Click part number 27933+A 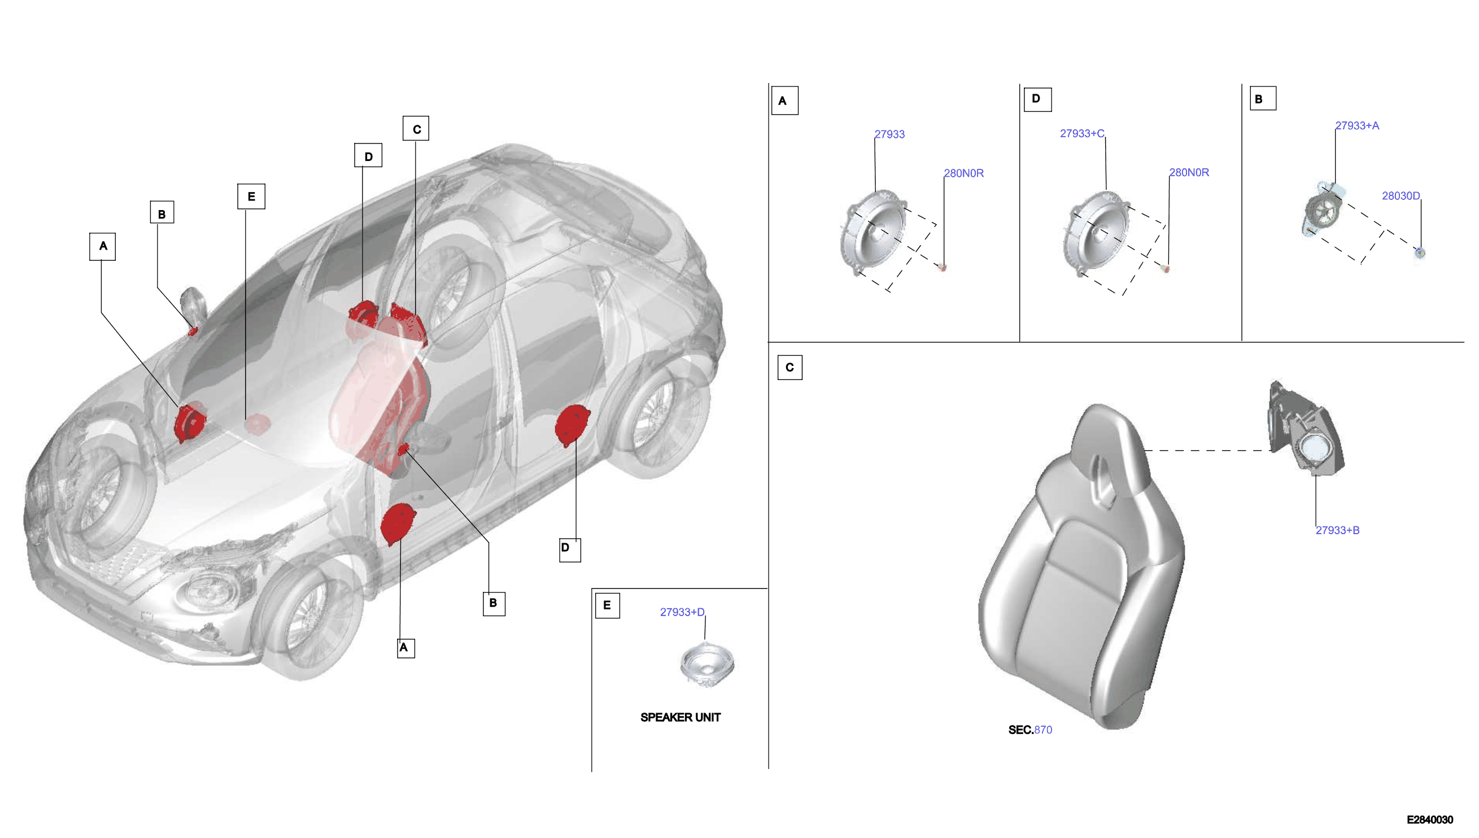pos(1356,125)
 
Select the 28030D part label pos(1401,196)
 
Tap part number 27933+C pos(1082,133)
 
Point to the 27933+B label pos(1337,530)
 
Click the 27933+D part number pos(682,612)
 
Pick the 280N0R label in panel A pos(963,173)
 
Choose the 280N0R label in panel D pos(1189,172)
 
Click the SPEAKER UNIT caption pos(680,717)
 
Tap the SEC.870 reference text pos(1030,730)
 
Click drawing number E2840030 pos(1429,819)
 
